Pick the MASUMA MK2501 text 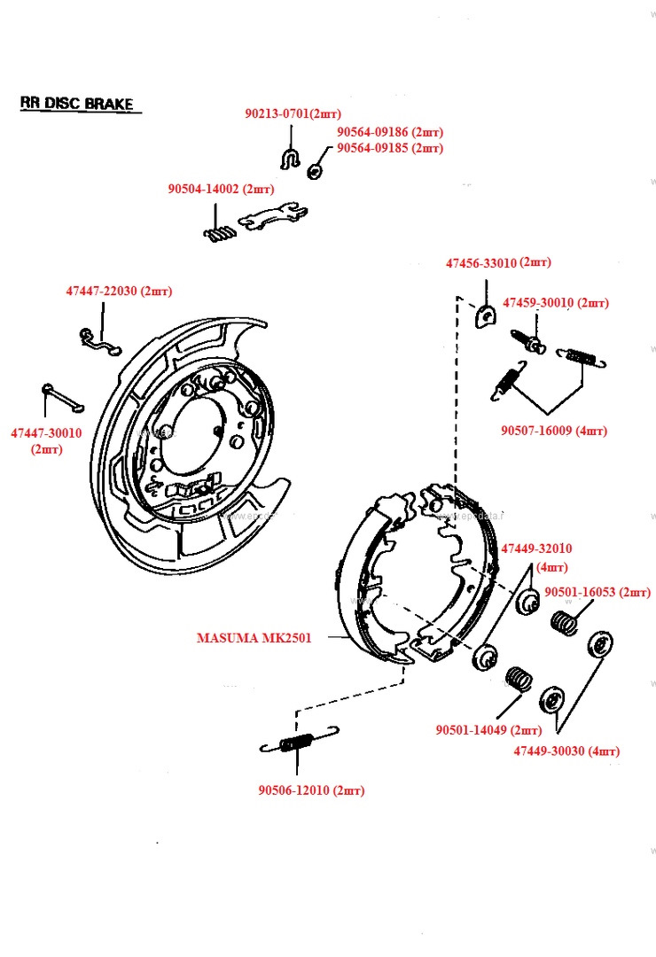point(254,637)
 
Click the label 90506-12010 point(311,790)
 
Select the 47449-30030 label point(566,751)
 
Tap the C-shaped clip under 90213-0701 point(290,159)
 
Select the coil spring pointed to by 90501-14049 point(519,681)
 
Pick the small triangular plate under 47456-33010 point(485,315)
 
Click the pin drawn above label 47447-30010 point(60,396)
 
